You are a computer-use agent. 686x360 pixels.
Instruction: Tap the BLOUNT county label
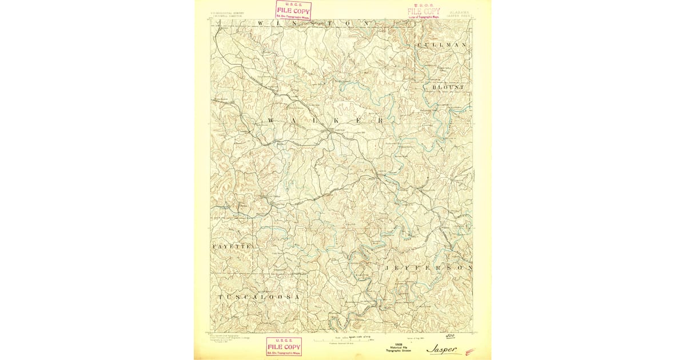448,87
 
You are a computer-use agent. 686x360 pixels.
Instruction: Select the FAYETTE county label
232,246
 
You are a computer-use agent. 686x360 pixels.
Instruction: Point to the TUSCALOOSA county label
258,298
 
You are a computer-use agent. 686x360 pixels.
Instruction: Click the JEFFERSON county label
428,267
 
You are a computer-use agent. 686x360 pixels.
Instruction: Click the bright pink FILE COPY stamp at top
293,10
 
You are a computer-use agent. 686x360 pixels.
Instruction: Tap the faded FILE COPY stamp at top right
424,11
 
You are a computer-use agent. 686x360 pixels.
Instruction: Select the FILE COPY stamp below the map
284,346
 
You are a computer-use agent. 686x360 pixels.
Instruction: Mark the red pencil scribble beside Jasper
470,351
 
